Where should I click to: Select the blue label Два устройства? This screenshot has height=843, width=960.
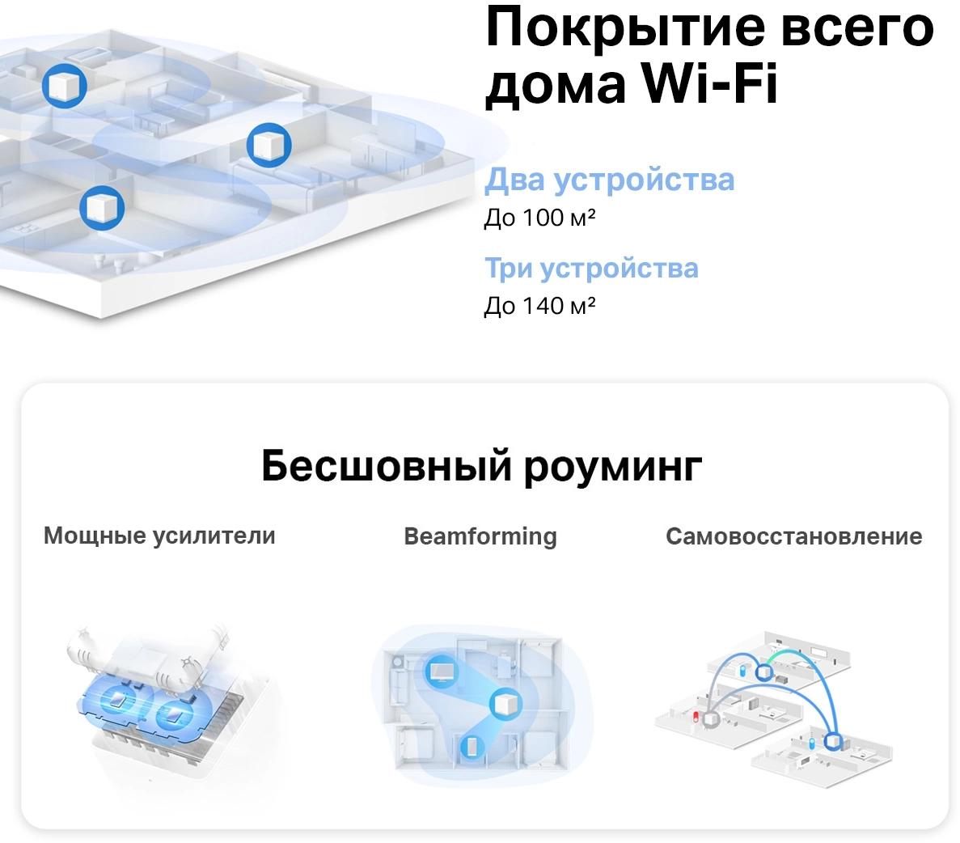coord(609,180)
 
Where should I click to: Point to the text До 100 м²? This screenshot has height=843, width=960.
coord(539,218)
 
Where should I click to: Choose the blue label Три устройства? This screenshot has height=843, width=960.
coord(591,269)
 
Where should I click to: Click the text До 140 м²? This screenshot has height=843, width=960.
coord(539,306)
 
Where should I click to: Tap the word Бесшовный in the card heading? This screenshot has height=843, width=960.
coord(387,466)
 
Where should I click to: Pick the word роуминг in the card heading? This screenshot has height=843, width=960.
coord(613,468)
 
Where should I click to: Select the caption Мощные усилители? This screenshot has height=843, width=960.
coord(159,536)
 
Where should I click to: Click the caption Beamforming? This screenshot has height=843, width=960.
coord(480,536)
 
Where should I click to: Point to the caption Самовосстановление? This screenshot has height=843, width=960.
coord(794,536)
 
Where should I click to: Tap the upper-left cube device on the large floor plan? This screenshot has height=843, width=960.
coord(64,86)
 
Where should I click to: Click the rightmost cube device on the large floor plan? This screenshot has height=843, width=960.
coord(269,145)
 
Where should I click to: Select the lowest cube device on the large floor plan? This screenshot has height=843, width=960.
coord(102,208)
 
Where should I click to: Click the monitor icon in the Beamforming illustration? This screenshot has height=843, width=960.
coord(440,671)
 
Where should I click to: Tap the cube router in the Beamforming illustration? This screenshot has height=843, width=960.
coord(505,703)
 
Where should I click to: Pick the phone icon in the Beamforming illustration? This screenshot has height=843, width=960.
coord(471,746)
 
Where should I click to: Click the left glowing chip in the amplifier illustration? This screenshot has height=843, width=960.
coord(117,701)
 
